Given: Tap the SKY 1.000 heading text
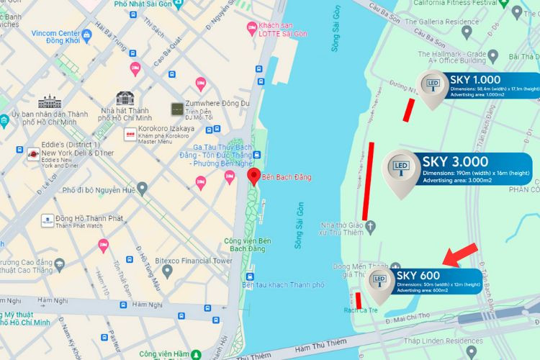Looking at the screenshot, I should click(475, 80).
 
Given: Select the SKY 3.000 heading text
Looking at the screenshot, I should click(455, 161).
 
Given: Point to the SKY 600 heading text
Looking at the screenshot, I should click(418, 275).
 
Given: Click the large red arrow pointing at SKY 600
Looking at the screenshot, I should click(460, 253).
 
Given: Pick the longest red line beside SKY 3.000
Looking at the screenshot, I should click(369, 180).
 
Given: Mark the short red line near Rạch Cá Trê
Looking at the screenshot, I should click(359, 299).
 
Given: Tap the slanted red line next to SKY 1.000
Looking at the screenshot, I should click(409, 110).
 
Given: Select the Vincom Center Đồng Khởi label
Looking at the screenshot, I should click(60, 37).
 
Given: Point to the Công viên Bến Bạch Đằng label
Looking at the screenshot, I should click(247, 245).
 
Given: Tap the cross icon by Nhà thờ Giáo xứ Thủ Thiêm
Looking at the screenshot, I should click(372, 228).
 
